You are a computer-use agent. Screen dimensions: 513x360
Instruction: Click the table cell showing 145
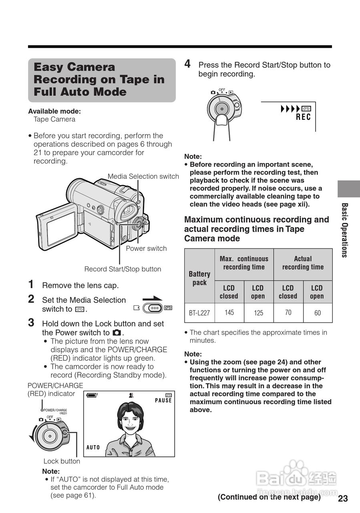[x=229, y=312]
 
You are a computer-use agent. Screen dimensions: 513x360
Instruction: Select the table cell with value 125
[x=258, y=313]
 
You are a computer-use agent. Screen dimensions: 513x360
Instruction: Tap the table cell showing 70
[x=288, y=312]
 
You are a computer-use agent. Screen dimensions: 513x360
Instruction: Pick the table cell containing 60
[x=317, y=313]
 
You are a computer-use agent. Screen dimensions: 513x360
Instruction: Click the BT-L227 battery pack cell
[x=199, y=313]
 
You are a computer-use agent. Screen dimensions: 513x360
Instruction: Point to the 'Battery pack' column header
[x=199, y=278]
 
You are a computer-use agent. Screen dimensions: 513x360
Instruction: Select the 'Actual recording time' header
[x=303, y=263]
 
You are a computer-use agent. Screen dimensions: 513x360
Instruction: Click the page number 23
[x=343, y=499]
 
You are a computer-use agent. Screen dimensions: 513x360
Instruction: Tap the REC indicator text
[x=303, y=117]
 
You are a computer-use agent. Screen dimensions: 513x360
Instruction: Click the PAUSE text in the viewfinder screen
[x=163, y=400]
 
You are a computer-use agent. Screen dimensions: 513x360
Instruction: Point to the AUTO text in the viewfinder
[x=93, y=447]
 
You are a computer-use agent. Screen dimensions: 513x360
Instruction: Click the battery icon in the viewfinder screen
[x=92, y=395]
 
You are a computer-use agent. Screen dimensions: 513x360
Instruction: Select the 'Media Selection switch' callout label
[x=143, y=176]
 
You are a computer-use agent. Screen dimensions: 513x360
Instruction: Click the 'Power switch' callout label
[x=146, y=248]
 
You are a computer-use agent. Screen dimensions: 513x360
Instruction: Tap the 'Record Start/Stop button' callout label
[x=123, y=269]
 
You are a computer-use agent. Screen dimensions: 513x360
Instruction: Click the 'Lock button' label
[x=62, y=461]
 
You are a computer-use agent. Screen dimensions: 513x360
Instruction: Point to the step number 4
[x=187, y=64]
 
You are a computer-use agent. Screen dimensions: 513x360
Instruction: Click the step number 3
[x=31, y=323]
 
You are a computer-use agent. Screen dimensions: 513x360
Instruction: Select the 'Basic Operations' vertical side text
[x=344, y=230]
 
